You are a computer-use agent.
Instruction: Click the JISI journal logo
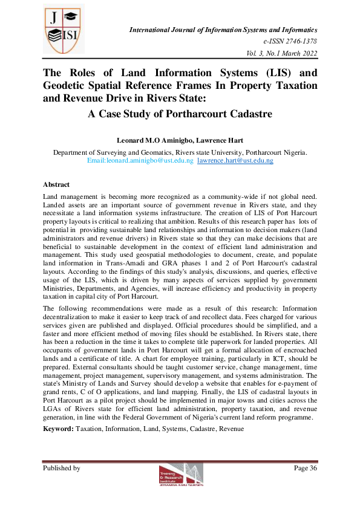[63, 30]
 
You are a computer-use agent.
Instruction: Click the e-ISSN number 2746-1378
[290, 41]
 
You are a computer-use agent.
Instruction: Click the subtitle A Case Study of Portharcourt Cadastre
[180, 114]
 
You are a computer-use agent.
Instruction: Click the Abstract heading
[56, 184]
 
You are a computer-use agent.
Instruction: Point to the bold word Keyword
[57, 429]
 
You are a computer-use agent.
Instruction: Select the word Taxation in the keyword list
[90, 429]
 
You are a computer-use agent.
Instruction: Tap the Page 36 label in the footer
[306, 468]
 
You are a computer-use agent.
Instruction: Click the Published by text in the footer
[61, 468]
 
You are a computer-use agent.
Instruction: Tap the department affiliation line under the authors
[180, 152]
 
